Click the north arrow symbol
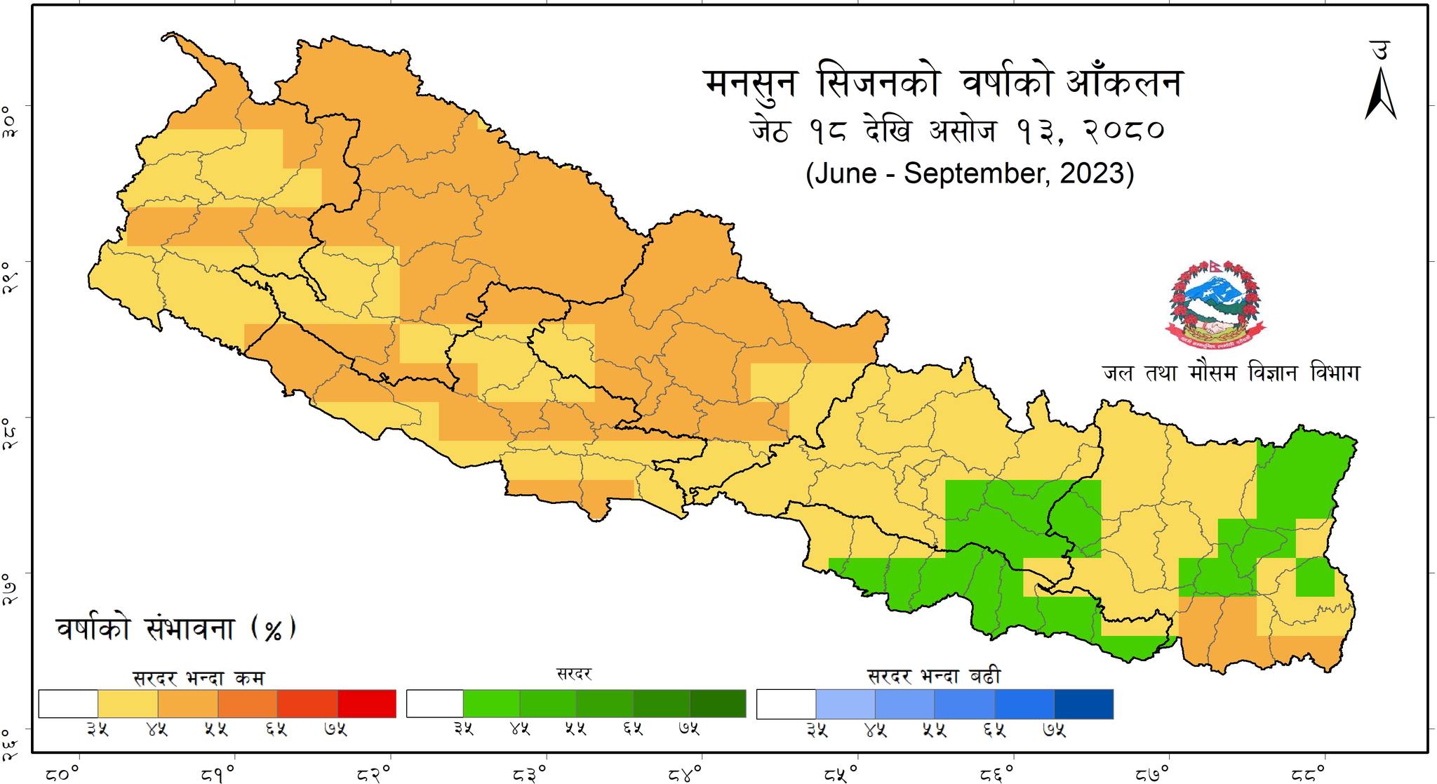[x=1380, y=95]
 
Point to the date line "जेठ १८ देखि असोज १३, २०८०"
[x=957, y=131]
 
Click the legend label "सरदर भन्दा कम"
[x=199, y=678]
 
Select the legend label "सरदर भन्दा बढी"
[x=934, y=677]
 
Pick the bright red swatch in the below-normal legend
[x=367, y=704]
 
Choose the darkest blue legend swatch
[x=1084, y=704]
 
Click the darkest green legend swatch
[x=718, y=704]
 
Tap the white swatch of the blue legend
[x=786, y=704]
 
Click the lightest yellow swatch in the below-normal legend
[x=128, y=704]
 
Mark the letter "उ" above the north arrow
[x=1379, y=50]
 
